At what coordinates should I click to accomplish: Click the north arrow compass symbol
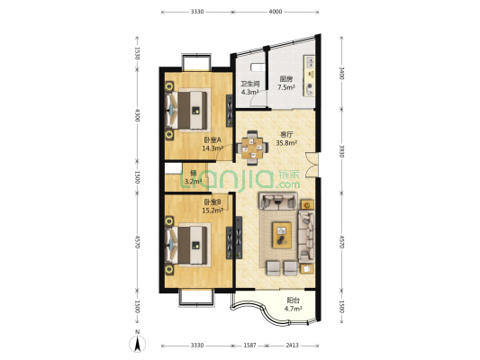tap(138, 343)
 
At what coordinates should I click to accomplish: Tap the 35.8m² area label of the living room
tap(286, 143)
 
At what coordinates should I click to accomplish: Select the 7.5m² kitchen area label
tap(285, 87)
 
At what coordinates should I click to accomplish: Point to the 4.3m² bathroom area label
tap(250, 92)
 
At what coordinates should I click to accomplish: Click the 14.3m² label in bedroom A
tap(213, 148)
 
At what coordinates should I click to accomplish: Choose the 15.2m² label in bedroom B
tap(213, 210)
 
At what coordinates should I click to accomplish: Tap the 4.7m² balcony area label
tap(294, 309)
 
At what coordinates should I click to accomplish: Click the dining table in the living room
tap(252, 148)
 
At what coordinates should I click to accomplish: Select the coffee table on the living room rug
tap(282, 235)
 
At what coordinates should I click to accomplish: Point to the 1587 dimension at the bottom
tap(249, 346)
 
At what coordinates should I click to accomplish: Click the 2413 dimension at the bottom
tap(292, 346)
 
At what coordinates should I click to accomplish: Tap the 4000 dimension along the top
tap(276, 12)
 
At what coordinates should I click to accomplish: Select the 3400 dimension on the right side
tap(341, 74)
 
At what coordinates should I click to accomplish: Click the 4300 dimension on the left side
tap(137, 115)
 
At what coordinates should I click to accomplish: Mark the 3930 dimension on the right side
tap(341, 151)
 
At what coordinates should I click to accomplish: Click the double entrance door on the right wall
tap(312, 166)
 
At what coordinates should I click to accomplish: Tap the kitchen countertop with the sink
tap(309, 76)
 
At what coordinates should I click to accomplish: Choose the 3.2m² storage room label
tap(192, 182)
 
